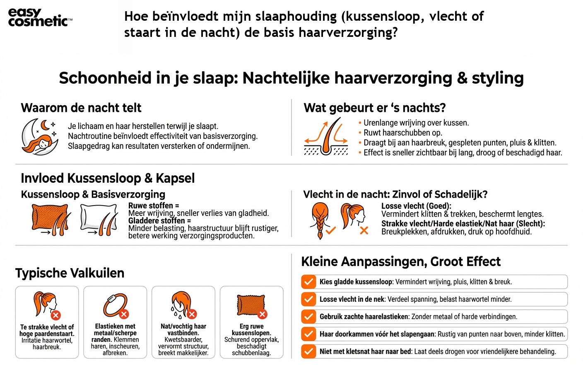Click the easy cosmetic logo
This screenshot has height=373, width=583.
40,17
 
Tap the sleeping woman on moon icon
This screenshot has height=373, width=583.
39,136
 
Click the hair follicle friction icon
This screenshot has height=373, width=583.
326,136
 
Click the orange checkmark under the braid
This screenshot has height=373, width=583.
330,230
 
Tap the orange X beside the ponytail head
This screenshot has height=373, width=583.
364,230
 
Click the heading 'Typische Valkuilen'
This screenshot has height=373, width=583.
70,273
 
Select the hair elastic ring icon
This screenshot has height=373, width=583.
115,306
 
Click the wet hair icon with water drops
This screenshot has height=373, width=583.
183,305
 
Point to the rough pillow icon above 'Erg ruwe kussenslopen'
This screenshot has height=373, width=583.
251,306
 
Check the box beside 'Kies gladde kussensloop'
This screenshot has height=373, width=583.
308,282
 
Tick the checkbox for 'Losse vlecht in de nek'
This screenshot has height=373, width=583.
308,299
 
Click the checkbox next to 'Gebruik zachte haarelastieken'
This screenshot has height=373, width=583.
308,317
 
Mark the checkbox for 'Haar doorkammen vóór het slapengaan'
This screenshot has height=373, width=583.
308,334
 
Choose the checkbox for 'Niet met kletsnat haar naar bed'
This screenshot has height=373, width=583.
308,351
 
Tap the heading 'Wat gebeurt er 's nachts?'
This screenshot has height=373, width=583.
374,108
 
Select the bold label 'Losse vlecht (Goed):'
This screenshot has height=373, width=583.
416,206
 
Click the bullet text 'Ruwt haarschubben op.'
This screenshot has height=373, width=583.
402,133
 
